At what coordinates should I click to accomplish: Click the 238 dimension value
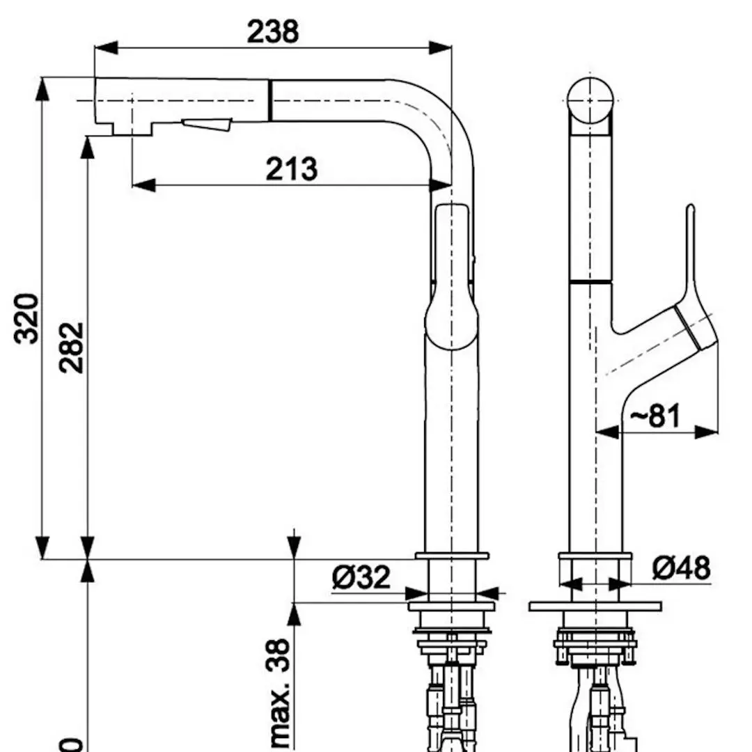click(273, 31)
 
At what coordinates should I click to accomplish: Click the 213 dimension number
click(291, 169)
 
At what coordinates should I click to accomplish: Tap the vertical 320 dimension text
click(27, 318)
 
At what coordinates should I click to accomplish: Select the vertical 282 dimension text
click(71, 347)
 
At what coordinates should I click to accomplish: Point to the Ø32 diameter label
click(361, 577)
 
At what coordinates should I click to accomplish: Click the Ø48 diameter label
click(682, 568)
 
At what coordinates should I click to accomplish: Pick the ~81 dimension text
click(655, 416)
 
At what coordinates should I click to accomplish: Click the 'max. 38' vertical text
click(279, 694)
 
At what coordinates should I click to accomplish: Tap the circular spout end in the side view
click(590, 102)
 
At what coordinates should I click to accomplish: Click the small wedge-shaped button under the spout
click(207, 125)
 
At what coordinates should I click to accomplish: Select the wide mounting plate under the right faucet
click(595, 606)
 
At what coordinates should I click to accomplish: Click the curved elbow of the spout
click(446, 125)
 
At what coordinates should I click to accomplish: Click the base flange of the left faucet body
click(452, 556)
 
